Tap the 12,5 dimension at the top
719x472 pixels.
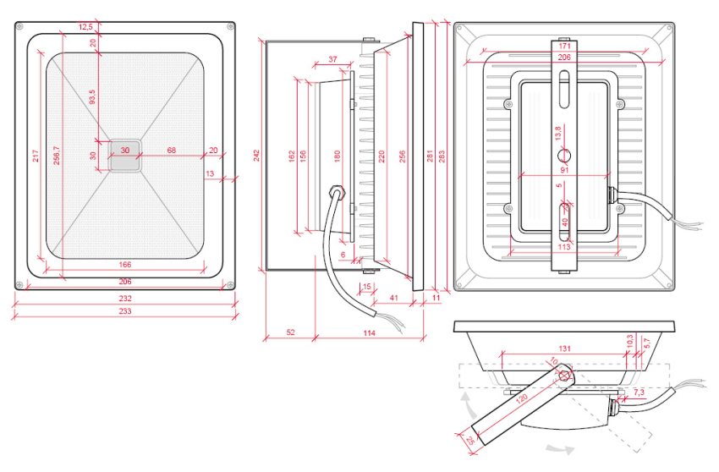pos(85,27)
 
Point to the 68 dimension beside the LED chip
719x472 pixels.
pos(172,150)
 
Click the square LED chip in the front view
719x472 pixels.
pos(125,156)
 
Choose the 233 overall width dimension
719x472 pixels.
pos(124,312)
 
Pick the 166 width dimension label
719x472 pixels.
pos(124,266)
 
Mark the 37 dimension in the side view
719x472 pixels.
pos(332,59)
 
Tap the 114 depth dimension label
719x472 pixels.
pos(369,332)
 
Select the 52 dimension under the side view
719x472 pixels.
pos(290,332)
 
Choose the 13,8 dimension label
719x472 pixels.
pos(556,133)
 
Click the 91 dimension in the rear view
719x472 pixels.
pos(565,168)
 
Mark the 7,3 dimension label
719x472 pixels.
pos(639,392)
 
